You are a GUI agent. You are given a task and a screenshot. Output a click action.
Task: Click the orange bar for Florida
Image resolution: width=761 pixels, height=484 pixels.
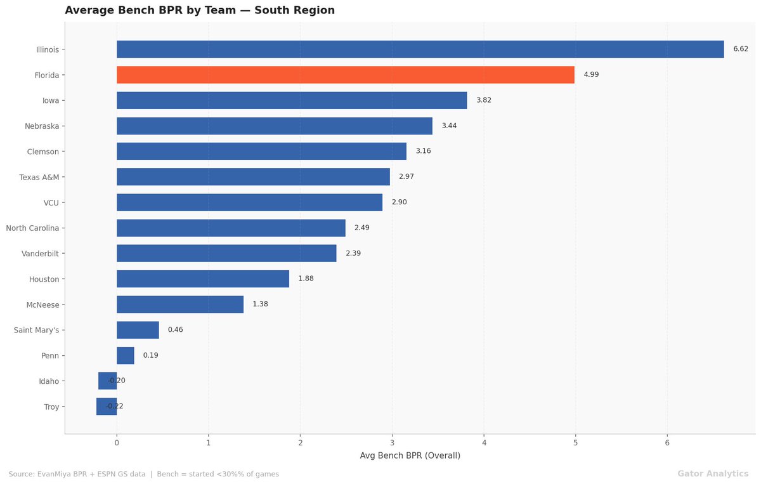(x=346, y=75)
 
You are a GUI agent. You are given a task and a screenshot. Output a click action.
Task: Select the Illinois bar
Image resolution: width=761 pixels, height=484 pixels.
(x=420, y=49)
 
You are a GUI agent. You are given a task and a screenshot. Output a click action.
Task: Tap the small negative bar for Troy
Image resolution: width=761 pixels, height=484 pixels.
(x=107, y=407)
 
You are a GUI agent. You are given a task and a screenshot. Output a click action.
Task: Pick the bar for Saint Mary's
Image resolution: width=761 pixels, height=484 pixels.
(x=138, y=330)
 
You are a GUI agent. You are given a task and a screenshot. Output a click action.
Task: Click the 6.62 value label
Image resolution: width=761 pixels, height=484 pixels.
(x=741, y=49)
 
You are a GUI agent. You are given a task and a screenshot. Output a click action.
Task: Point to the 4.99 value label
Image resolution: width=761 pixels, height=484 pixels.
(x=591, y=75)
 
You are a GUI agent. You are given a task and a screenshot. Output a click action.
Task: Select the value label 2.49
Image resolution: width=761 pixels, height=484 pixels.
(x=361, y=228)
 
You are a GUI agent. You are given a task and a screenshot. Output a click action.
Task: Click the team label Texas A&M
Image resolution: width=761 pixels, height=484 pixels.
(x=39, y=177)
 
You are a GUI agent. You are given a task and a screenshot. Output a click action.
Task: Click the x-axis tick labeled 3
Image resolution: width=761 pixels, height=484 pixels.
(x=392, y=442)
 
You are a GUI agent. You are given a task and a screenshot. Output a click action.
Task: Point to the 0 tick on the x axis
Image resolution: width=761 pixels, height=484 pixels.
(x=117, y=442)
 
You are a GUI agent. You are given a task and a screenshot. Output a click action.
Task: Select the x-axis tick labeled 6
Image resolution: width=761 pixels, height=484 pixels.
(x=667, y=442)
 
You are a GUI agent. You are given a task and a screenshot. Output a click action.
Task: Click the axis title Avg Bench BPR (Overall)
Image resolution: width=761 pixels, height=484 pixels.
(x=410, y=456)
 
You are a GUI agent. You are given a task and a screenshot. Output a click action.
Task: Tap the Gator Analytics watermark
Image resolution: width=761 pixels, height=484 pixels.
(x=713, y=474)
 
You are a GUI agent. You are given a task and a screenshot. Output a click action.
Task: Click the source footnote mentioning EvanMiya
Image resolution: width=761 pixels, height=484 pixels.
(x=143, y=474)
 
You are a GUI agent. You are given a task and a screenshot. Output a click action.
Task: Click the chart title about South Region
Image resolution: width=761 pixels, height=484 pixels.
(x=200, y=11)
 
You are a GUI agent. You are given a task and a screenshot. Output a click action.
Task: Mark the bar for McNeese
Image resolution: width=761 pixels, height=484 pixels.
(x=180, y=304)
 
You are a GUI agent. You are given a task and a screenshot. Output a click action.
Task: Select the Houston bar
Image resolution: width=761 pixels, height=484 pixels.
(x=203, y=279)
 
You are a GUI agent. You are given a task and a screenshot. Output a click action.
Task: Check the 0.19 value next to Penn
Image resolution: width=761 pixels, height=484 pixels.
(x=150, y=355)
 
